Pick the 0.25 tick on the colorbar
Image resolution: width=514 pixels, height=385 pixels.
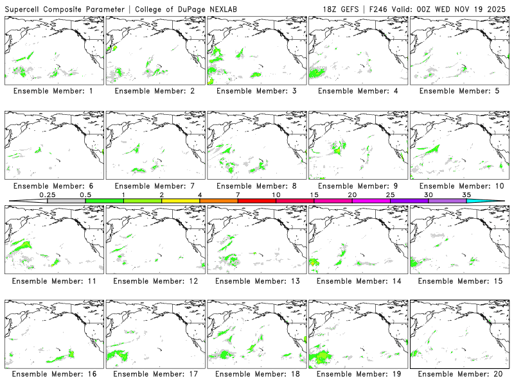click(47, 194)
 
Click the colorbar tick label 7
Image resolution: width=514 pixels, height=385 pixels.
click(238, 194)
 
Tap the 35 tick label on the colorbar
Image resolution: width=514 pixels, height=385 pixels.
click(466, 194)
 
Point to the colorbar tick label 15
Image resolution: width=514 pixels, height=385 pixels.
click(314, 194)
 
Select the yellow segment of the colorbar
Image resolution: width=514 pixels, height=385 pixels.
click(181, 201)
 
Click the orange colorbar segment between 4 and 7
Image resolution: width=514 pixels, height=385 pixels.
click(218, 201)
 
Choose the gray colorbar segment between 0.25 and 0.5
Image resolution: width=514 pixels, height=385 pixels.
click(66, 201)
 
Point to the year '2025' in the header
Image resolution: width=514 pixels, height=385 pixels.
click(499, 8)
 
